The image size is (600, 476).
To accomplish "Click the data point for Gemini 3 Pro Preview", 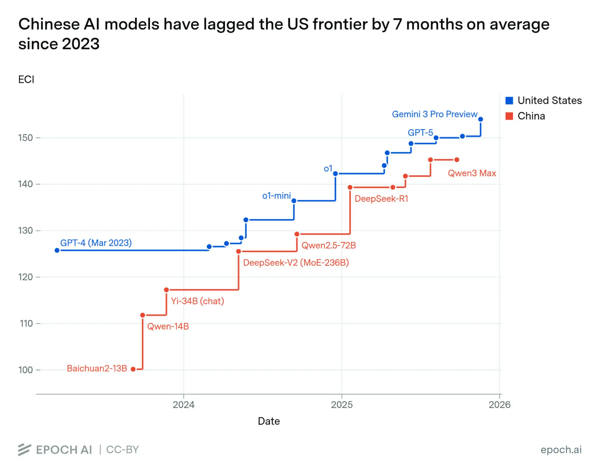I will pyautogui.click(x=480, y=119).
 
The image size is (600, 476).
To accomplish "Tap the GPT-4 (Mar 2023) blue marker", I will pyautogui.click(x=57, y=250).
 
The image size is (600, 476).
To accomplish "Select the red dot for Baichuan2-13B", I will pyautogui.click(x=133, y=369).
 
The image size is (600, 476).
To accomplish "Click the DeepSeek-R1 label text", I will pyautogui.click(x=381, y=198).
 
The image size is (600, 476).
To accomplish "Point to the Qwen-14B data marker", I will pyautogui.click(x=142, y=315).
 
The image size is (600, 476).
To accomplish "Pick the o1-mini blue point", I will pyautogui.click(x=294, y=201).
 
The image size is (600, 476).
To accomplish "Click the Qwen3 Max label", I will pyautogui.click(x=472, y=173).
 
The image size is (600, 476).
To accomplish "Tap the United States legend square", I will pyautogui.click(x=509, y=100).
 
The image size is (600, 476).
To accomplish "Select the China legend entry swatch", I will pyautogui.click(x=509, y=116).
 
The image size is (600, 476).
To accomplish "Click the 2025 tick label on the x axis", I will pyautogui.click(x=342, y=404).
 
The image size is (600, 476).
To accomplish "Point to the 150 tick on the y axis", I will pyautogui.click(x=25, y=138).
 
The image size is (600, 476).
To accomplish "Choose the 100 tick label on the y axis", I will pyautogui.click(x=25, y=370).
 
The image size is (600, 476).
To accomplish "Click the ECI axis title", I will pyautogui.click(x=26, y=79).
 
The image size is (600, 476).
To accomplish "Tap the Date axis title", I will pyautogui.click(x=268, y=421).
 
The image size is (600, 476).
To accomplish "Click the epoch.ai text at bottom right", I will pyautogui.click(x=561, y=449).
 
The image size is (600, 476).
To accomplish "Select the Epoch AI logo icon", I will pyautogui.click(x=24, y=449).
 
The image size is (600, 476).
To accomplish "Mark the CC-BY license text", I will pyautogui.click(x=122, y=449).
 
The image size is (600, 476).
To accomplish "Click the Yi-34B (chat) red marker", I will pyautogui.click(x=166, y=290).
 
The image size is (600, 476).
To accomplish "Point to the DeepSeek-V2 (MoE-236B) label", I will pyautogui.click(x=296, y=263).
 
